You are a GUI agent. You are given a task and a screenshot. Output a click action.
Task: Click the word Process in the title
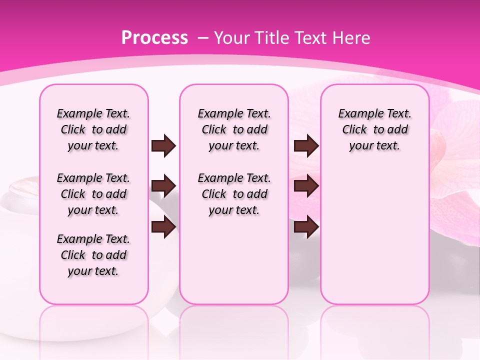click(x=154, y=37)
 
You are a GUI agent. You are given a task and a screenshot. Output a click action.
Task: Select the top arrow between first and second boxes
click(x=163, y=146)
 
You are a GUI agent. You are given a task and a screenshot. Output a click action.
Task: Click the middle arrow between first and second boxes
click(x=163, y=186)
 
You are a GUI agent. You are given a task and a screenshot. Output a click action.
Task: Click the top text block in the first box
click(x=93, y=130)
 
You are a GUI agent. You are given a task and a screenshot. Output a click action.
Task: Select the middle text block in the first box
click(x=93, y=194)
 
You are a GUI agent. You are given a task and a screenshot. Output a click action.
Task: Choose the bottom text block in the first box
click(x=93, y=255)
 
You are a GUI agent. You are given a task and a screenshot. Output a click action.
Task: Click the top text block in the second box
click(x=234, y=130)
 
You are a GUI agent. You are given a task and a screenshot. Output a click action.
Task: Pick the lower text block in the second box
click(x=234, y=194)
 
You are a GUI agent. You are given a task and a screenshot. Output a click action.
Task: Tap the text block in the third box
click(x=375, y=130)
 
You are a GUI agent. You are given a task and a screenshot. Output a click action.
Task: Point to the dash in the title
click(x=203, y=37)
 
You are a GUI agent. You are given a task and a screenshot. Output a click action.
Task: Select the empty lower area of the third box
click(x=375, y=235)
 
